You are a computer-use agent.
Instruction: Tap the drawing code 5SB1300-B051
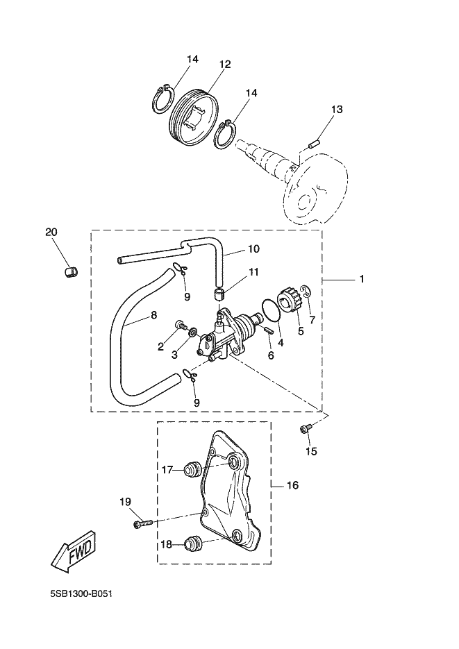click(x=81, y=595)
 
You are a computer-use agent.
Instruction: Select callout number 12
click(x=225, y=64)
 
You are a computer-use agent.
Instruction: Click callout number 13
click(x=336, y=110)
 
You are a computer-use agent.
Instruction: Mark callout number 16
click(x=292, y=485)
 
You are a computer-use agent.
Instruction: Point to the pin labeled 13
click(x=313, y=144)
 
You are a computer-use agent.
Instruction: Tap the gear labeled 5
click(x=287, y=303)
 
